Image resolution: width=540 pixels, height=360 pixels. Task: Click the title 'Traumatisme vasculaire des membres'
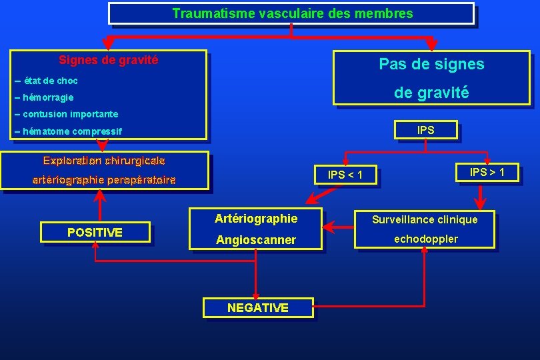point(292,13)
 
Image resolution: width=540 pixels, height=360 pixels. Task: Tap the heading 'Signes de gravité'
point(109,60)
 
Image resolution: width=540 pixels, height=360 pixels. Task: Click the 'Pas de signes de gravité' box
point(431,79)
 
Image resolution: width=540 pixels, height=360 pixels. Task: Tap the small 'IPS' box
point(425,131)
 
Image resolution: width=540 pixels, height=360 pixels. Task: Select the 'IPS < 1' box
point(345,175)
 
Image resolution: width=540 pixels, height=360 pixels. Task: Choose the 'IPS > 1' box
point(487,173)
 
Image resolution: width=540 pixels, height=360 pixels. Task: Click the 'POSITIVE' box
point(95,232)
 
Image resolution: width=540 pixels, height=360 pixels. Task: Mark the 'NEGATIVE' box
point(257,307)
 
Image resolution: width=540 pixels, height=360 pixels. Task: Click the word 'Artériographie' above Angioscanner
point(256,219)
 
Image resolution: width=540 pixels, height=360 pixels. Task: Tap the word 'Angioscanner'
point(256,240)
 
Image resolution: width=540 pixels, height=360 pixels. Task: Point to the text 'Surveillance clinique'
point(425,219)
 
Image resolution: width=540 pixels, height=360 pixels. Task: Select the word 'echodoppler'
point(426,239)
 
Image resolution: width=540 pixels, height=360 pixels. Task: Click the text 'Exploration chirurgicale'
point(104,161)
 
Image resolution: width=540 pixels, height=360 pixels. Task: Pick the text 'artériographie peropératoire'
point(104,180)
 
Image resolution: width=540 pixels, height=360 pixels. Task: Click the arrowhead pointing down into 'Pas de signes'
point(431,45)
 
